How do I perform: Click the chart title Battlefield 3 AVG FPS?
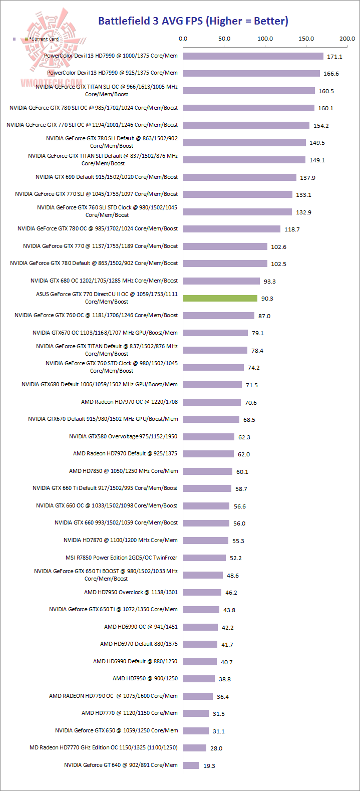pyautogui.click(x=193, y=21)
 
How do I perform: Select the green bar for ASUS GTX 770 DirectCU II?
pyautogui.click(x=220, y=298)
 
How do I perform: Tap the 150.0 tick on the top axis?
pyautogui.click(x=306, y=39)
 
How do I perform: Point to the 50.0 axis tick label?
pyautogui.click(x=224, y=39)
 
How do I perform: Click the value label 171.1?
pyautogui.click(x=334, y=57)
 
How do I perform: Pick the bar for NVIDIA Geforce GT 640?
pyautogui.click(x=191, y=765)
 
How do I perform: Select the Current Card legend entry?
pyautogui.click(x=42, y=39)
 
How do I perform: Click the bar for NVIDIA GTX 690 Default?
pyautogui.click(x=239, y=177)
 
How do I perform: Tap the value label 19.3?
pyautogui.click(x=209, y=766)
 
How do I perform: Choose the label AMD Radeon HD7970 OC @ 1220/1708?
pyautogui.click(x=129, y=402)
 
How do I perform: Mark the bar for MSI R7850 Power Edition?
pyautogui.click(x=204, y=558)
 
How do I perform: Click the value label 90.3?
pyautogui.click(x=267, y=299)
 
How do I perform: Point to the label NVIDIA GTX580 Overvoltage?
pyautogui.click(x=123, y=436)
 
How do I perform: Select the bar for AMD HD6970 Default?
pyautogui.click(x=200, y=644)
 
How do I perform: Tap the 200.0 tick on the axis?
pyautogui.click(x=346, y=39)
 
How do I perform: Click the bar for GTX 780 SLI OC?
pyautogui.click(x=248, y=108)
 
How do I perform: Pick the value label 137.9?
pyautogui.click(x=307, y=178)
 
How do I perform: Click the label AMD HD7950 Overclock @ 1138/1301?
pyautogui.click(x=131, y=592)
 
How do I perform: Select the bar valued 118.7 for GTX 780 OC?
pyautogui.click(x=231, y=229)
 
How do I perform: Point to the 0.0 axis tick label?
pyautogui.click(x=183, y=39)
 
